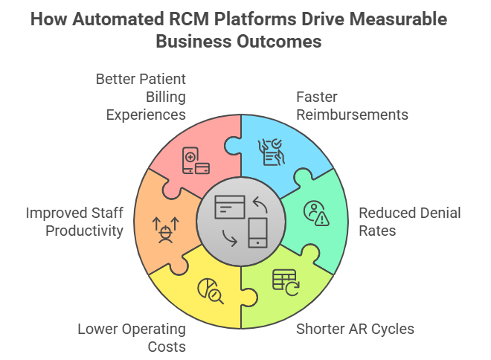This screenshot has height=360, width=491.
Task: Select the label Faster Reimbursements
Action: click(352, 106)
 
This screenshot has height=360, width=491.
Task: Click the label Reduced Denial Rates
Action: click(409, 222)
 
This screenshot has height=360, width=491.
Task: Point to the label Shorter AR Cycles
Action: click(355, 329)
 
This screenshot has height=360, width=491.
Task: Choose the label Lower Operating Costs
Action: click(132, 338)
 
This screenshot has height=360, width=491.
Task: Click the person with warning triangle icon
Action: click(316, 213)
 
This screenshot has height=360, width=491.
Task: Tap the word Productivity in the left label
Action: click(84, 231)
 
